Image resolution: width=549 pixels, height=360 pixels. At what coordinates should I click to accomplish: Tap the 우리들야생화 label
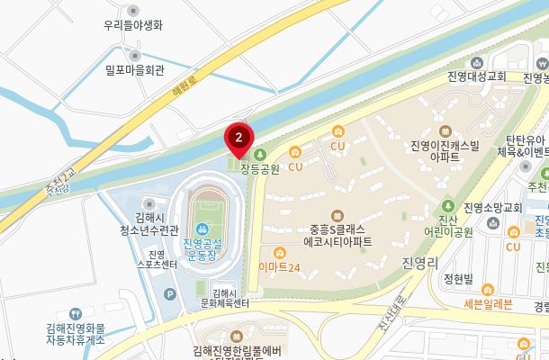[x=132, y=26]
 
